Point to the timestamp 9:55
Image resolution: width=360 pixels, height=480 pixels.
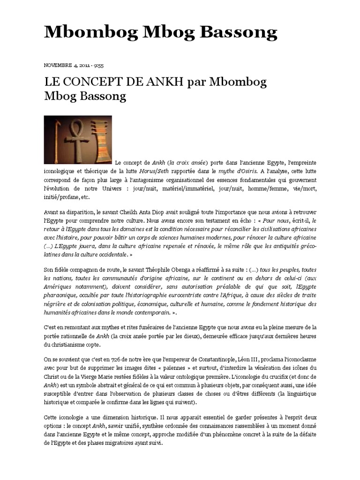click(99, 66)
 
